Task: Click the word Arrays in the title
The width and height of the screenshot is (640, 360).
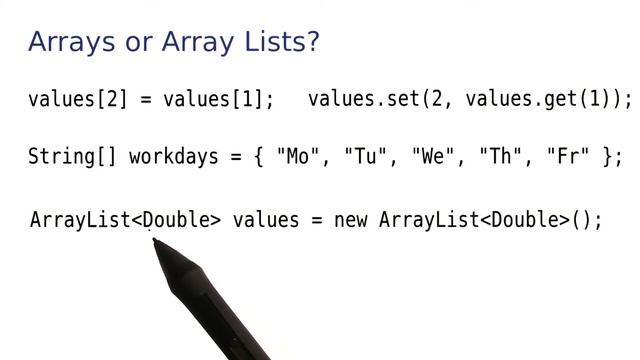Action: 67,42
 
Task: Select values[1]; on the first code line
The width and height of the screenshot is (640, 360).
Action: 218,99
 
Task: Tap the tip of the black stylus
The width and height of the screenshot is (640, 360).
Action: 153,241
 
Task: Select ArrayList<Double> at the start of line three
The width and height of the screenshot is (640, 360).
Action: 125,220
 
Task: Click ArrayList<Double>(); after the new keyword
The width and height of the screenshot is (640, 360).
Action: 491,220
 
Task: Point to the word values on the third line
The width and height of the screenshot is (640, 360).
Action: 265,220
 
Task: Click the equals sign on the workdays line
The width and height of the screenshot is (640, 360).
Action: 236,158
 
